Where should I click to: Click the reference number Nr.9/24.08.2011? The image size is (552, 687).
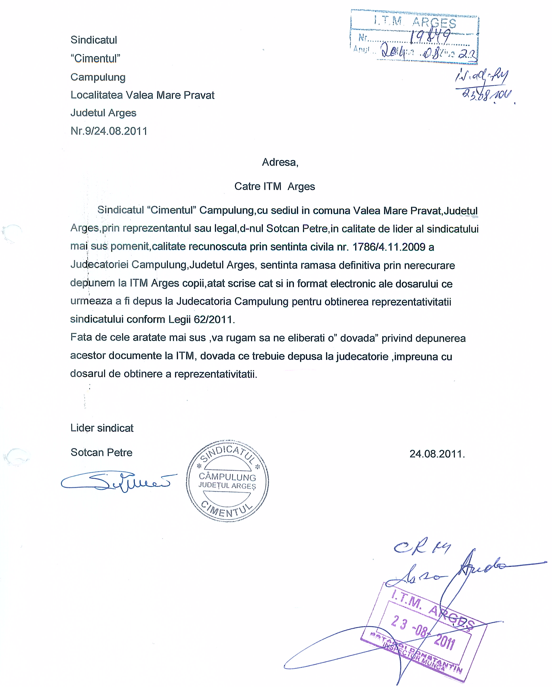click(x=109, y=131)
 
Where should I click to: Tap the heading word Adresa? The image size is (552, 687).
click(x=279, y=162)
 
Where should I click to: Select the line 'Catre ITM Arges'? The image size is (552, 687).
click(x=274, y=186)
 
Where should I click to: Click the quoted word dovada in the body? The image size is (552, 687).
click(x=358, y=338)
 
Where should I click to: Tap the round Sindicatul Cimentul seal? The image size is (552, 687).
click(x=227, y=481)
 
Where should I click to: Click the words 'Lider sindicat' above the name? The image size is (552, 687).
click(x=102, y=428)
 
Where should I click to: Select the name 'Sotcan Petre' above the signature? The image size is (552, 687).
click(x=101, y=452)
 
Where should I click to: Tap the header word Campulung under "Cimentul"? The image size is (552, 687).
click(x=98, y=77)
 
